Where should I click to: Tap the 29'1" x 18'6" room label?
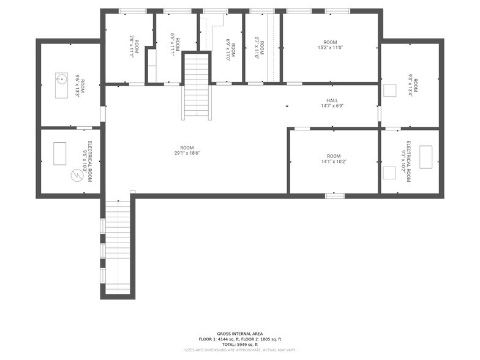(187, 151)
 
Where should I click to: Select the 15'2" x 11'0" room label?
(330, 44)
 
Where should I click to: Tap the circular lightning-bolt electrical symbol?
(77, 175)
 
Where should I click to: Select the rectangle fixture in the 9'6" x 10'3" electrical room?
(59, 153)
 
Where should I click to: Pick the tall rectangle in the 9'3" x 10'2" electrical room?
(426, 156)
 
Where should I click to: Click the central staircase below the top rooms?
(197, 87)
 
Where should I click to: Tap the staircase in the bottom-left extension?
(117, 245)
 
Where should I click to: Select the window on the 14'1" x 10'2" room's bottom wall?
(334, 195)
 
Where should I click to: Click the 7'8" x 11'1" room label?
(134, 47)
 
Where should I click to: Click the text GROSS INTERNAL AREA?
(240, 334)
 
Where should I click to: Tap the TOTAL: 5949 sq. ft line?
(240, 345)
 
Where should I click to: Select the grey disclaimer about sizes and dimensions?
(240, 350)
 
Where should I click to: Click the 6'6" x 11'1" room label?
(176, 47)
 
